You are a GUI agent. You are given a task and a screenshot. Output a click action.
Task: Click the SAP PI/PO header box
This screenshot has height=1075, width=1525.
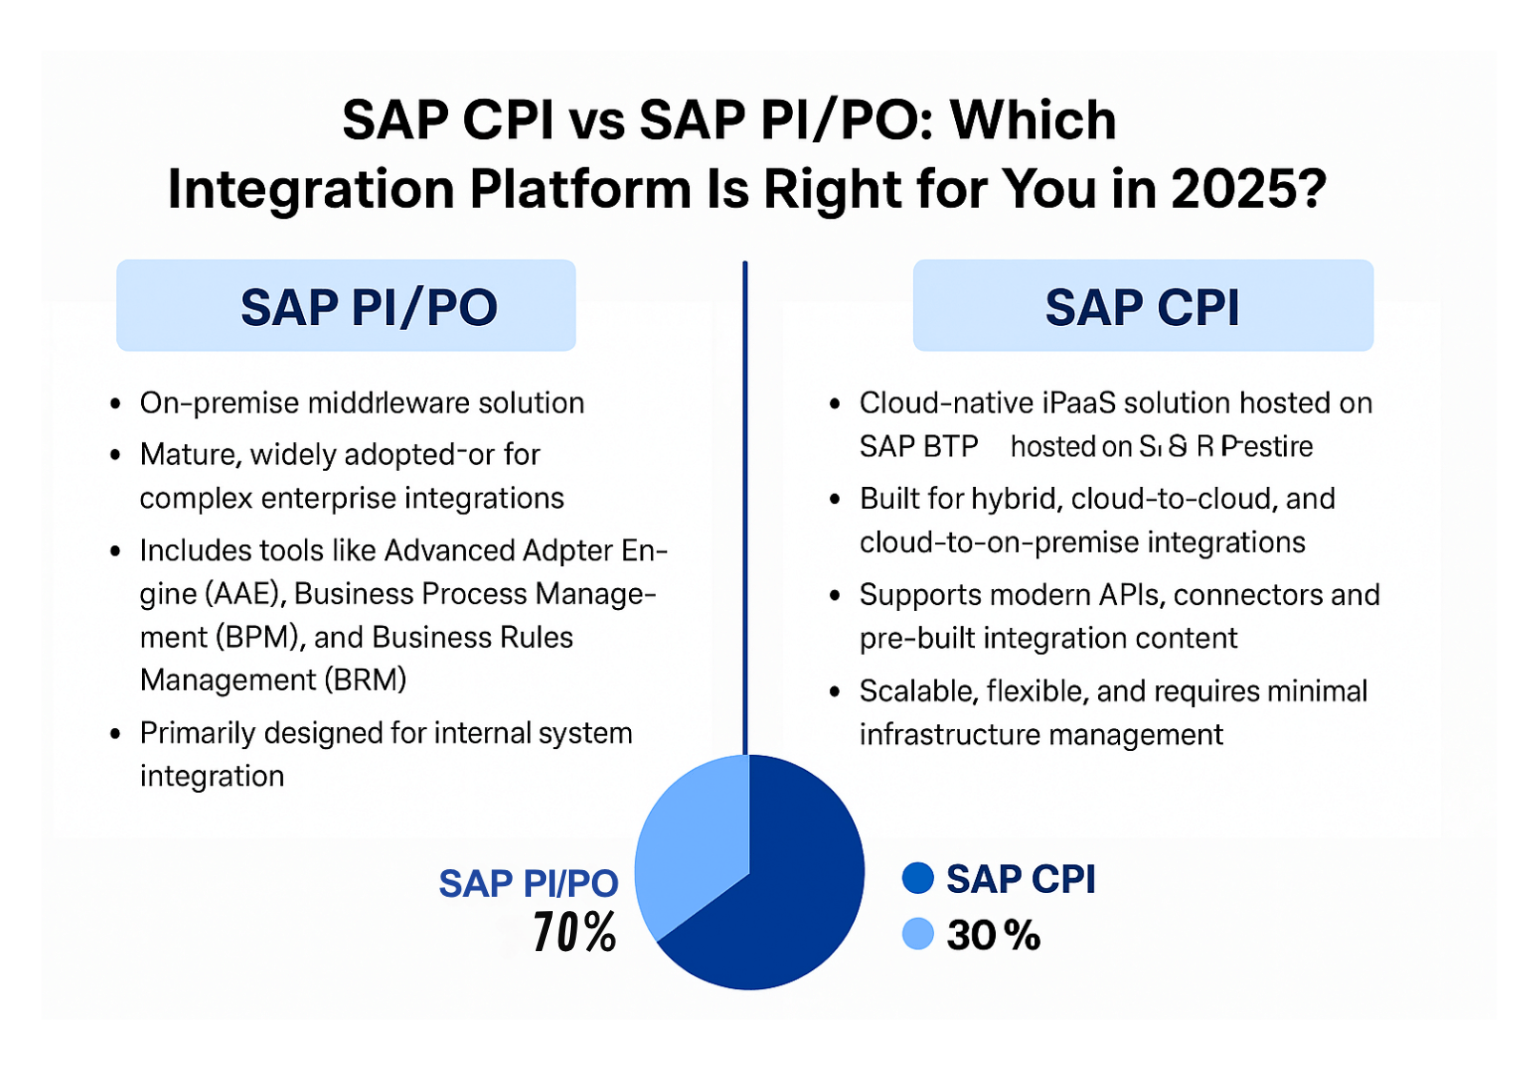tap(346, 306)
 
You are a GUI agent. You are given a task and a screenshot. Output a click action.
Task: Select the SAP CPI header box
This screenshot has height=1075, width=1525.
tap(1143, 306)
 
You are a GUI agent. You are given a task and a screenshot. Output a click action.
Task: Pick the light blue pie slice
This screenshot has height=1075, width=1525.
tap(686, 839)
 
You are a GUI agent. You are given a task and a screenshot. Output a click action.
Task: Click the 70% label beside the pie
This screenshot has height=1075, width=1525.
tap(575, 932)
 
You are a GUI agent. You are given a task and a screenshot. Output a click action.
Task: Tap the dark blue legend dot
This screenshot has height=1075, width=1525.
tap(918, 878)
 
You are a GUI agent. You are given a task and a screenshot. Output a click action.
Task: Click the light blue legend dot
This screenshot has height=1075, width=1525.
tap(918, 934)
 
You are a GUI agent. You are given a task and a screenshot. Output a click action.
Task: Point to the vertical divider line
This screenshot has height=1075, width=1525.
tap(745, 505)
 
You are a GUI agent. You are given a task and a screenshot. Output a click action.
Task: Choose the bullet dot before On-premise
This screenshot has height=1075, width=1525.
tap(115, 404)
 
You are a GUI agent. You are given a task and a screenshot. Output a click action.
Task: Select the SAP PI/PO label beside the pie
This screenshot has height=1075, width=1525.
tap(528, 883)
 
